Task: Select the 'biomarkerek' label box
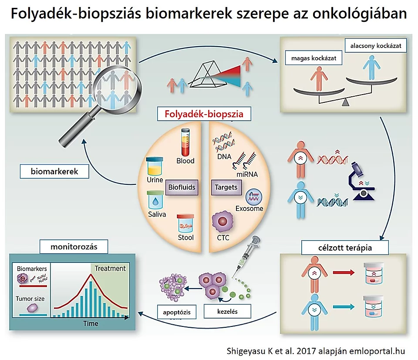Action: click(54, 171)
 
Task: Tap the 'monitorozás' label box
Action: click(74, 248)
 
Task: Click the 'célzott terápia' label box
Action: click(339, 248)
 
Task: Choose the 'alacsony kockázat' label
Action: click(376, 45)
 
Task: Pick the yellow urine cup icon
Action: click(155, 166)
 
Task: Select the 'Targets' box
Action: click(226, 187)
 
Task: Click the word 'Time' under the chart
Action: click(91, 323)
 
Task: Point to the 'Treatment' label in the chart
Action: click(110, 268)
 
